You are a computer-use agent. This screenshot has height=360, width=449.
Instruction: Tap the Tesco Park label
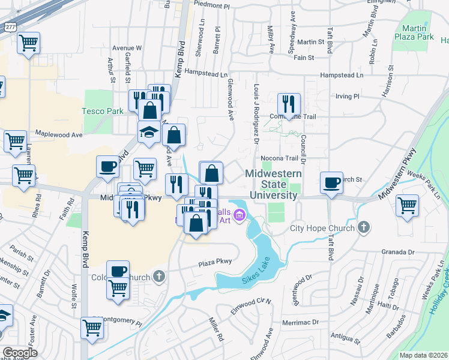coord(103,110)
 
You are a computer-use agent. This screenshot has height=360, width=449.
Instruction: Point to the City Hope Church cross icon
coord(363,227)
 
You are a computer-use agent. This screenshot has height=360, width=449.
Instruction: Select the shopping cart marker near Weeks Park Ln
coord(407,205)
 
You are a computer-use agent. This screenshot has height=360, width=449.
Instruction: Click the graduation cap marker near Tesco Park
coord(149,131)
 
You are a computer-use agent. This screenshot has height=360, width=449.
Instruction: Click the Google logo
coord(20,352)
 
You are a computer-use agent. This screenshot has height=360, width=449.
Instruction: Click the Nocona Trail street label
coord(280,158)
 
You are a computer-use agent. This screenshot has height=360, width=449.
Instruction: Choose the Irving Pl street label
coord(347,95)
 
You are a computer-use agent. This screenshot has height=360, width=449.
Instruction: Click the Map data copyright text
coord(423,355)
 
